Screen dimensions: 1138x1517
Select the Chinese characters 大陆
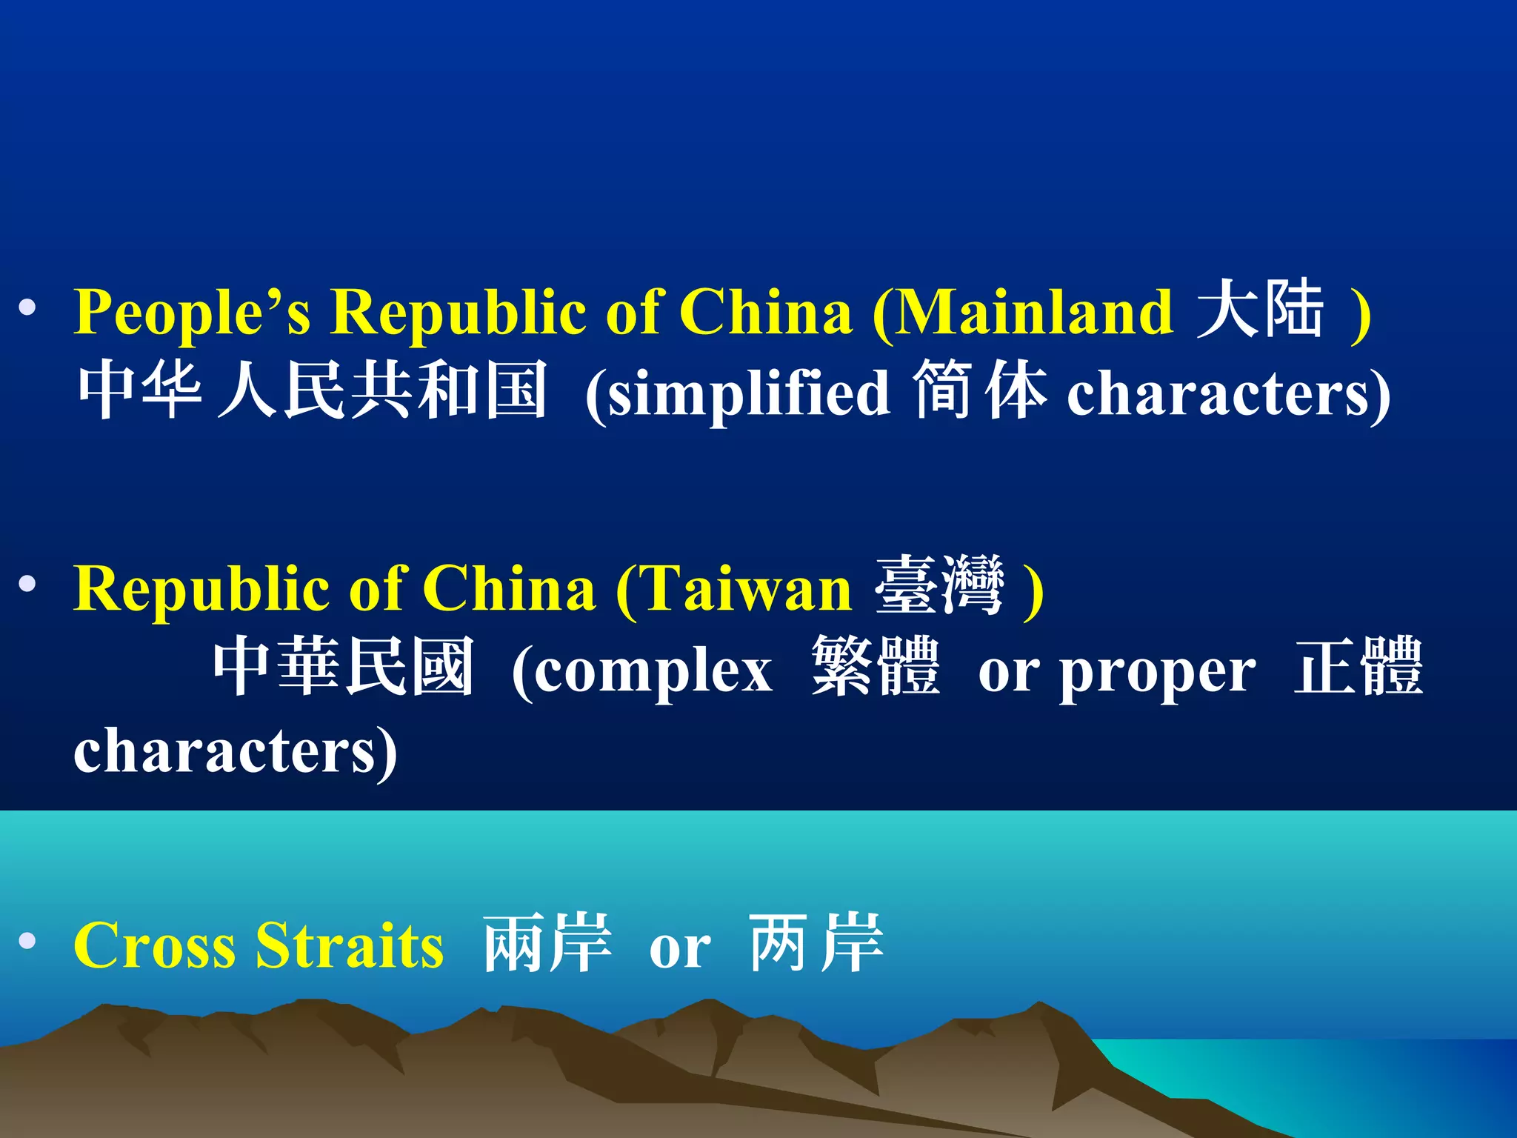(x=1260, y=310)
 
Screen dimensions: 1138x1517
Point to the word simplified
(x=748, y=394)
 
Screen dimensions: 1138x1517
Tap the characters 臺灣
(x=939, y=586)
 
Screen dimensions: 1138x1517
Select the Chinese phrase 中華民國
(x=343, y=667)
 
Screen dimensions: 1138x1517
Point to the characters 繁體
(x=876, y=667)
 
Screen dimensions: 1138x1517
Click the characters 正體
(x=1358, y=667)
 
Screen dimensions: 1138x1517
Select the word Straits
(x=349, y=945)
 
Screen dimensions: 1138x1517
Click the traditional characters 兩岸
(x=547, y=943)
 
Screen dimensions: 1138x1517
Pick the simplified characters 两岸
(x=816, y=943)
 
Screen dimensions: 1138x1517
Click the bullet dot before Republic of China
(x=27, y=585)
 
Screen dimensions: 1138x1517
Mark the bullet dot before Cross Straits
(x=27, y=941)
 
